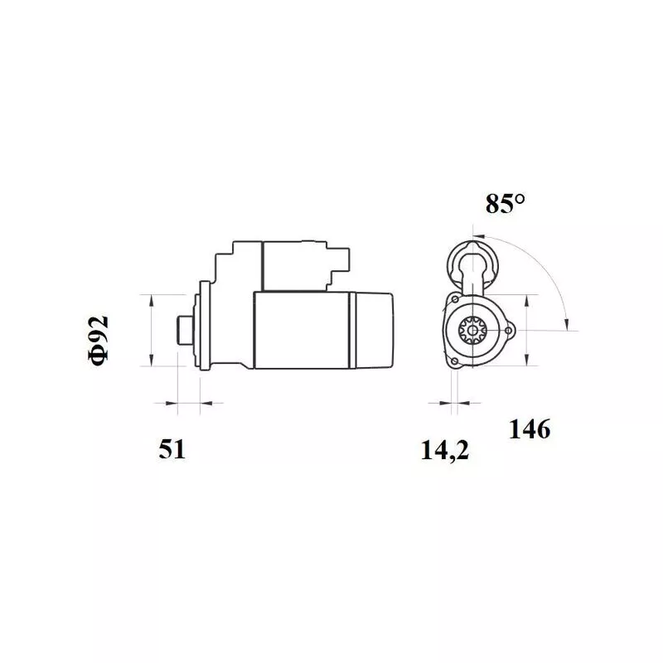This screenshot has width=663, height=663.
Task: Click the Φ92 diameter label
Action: click(99, 341)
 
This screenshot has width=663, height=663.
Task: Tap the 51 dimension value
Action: click(172, 449)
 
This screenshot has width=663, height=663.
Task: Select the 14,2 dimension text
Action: click(445, 450)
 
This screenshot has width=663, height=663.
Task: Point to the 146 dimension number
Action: click(530, 429)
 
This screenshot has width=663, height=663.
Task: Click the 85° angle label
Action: click(505, 203)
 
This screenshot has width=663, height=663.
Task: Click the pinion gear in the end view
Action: click(472, 330)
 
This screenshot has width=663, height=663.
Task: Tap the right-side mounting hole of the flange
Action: click(509, 331)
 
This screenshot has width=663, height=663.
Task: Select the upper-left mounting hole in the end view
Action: click(455, 299)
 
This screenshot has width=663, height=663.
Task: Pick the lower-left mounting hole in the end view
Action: click(454, 361)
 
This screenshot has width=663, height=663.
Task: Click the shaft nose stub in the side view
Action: click(185, 330)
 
